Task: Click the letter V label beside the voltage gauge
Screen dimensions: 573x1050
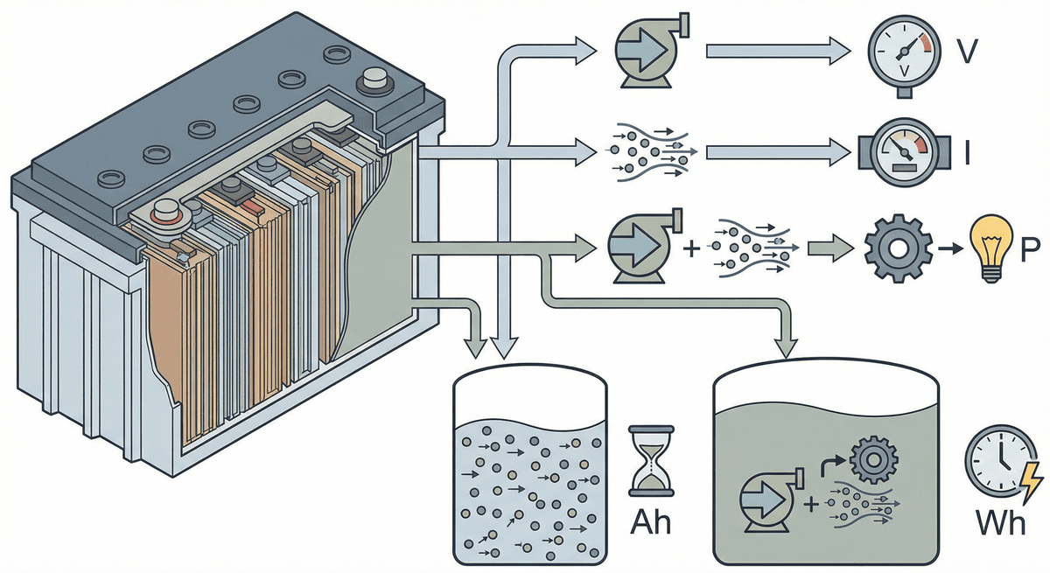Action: pyautogui.click(x=966, y=54)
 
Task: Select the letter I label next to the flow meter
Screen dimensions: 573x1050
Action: pyautogui.click(x=966, y=156)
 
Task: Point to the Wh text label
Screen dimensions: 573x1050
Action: pyautogui.click(x=999, y=524)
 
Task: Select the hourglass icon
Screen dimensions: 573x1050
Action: pyautogui.click(x=649, y=461)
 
